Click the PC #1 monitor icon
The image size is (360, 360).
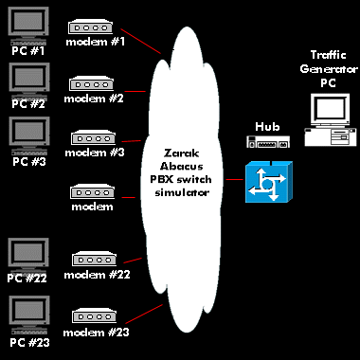27,26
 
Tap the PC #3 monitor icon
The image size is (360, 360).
27,135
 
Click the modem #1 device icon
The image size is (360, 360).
92,27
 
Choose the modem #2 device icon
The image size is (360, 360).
92,83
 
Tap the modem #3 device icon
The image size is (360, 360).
93,137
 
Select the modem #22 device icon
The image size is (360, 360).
93,259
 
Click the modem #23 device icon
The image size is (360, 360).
93,315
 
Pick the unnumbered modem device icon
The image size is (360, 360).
93,191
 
